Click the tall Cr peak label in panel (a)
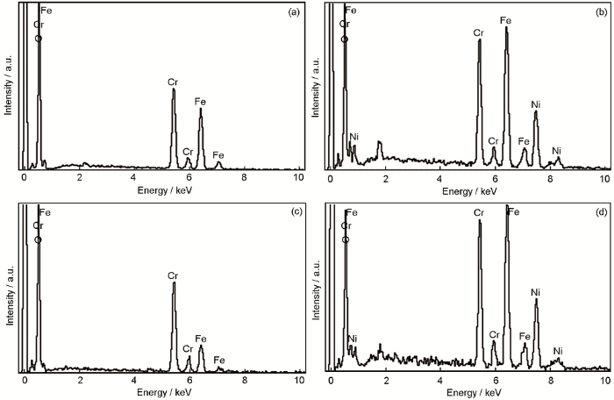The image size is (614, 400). (x=173, y=81)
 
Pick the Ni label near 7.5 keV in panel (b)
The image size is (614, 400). (x=536, y=105)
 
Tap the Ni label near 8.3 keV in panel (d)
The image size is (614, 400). (x=558, y=351)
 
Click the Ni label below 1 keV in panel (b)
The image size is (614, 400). (x=354, y=137)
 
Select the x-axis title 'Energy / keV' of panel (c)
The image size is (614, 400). (x=161, y=393)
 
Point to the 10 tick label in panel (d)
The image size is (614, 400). (x=603, y=380)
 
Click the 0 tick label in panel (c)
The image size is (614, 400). (x=25, y=380)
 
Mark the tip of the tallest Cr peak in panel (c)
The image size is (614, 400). (x=174, y=282)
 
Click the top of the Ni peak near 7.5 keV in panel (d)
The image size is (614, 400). (x=536, y=300)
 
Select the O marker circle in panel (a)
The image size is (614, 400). (x=38, y=39)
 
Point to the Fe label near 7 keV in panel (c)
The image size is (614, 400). (x=219, y=359)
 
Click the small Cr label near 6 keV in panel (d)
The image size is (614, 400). (x=494, y=334)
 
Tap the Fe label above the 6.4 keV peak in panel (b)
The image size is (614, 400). (x=506, y=19)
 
